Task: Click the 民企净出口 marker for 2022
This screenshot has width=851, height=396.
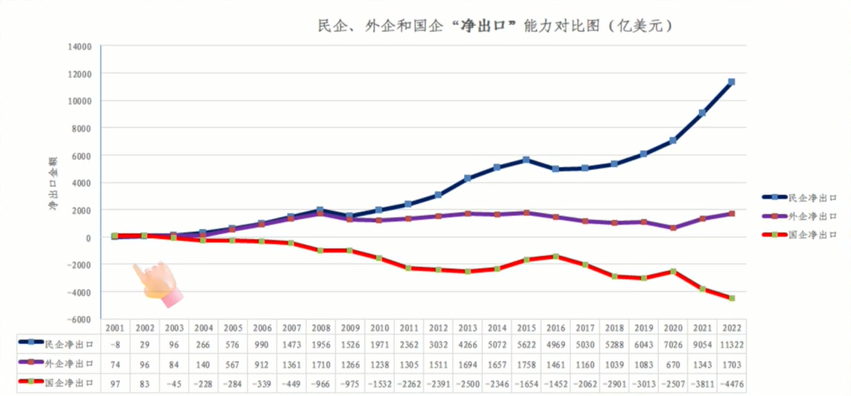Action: coord(731,82)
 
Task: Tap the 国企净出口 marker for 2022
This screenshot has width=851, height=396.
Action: coord(731,298)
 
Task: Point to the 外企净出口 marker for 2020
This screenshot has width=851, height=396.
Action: coord(673,228)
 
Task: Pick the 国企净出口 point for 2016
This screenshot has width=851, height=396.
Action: coord(555,257)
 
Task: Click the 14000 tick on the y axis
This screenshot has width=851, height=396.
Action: coord(79,46)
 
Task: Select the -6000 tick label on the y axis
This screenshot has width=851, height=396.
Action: coord(79,319)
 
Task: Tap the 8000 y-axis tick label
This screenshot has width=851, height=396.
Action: coord(81,128)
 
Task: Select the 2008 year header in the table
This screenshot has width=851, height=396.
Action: coord(320,328)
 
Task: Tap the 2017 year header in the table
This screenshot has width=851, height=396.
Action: coord(584,328)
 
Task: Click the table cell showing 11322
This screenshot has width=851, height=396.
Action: coord(731,344)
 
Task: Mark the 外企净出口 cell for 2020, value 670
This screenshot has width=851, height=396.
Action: coord(673,365)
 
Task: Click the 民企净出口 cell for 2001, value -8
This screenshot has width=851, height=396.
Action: coord(115,344)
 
